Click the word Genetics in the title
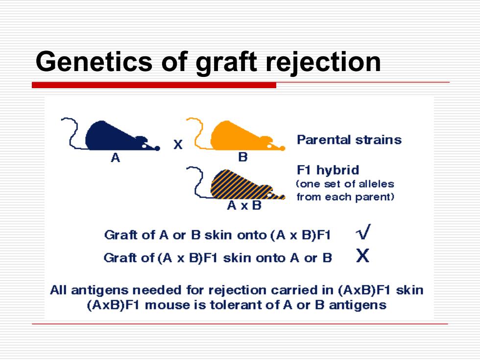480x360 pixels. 94,61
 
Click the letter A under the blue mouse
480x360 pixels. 116,158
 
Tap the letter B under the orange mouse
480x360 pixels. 243,157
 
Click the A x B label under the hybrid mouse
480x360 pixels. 244,205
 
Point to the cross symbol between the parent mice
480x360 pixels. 178,144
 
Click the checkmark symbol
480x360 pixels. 363,232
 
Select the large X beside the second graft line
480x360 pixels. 363,256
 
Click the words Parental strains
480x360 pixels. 349,140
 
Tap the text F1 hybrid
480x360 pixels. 328,170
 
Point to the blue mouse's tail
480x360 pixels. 72,135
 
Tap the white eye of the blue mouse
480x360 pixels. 144,146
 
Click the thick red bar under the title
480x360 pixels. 154,85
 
